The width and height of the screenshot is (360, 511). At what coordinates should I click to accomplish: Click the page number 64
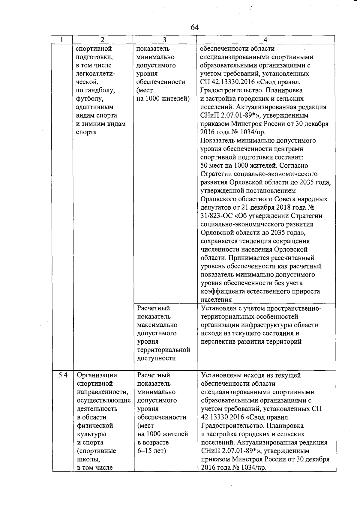tap(194, 28)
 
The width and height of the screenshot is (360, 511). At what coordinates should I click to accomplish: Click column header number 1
tap(61, 40)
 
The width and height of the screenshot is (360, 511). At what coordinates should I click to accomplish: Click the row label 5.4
tap(63, 375)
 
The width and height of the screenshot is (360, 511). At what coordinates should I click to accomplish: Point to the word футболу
tap(90, 99)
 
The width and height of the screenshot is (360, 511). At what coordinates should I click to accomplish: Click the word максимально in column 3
tap(157, 325)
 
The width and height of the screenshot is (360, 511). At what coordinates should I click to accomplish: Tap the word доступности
tap(156, 358)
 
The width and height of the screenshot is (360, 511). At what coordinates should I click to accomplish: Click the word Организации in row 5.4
tap(97, 375)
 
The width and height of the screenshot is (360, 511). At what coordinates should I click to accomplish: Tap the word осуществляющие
tap(103, 400)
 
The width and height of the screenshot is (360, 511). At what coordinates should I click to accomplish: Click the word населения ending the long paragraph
tap(216, 300)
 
